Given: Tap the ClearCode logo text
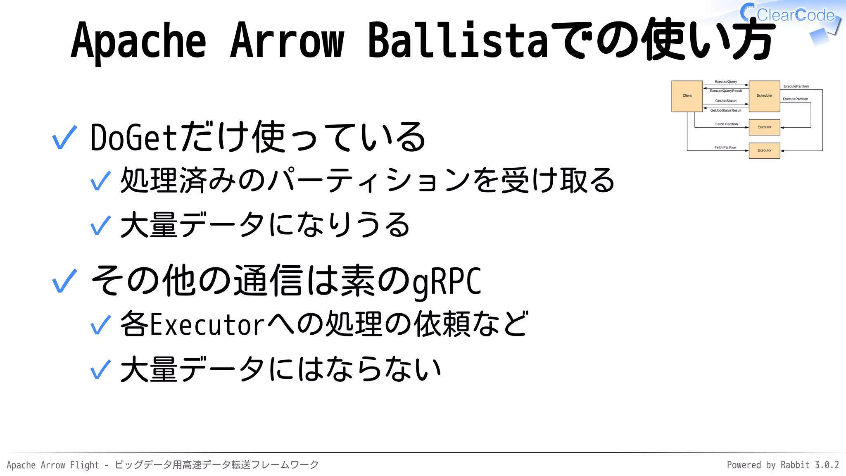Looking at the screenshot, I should (795, 15).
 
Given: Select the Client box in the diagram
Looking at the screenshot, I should (687, 96).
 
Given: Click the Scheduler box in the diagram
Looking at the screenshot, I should (764, 96).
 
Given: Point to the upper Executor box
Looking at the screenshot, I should (764, 127).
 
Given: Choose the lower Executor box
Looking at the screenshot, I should (764, 150).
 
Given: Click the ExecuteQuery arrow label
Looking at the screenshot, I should (726, 82).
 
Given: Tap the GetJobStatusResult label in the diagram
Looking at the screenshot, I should (726, 110).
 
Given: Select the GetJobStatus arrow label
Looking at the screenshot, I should (726, 101).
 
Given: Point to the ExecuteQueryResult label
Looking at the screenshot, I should (726, 91).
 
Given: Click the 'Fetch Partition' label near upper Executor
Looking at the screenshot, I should (726, 124).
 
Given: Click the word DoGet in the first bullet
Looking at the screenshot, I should (133, 138).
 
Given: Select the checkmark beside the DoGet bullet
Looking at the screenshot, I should (64, 138).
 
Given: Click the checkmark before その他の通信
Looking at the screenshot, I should (64, 281).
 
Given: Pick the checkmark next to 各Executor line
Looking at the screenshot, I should (100, 325).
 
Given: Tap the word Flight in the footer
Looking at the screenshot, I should (84, 465).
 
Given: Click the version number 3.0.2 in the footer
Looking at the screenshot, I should (827, 465).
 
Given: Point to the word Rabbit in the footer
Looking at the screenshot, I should (795, 465).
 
